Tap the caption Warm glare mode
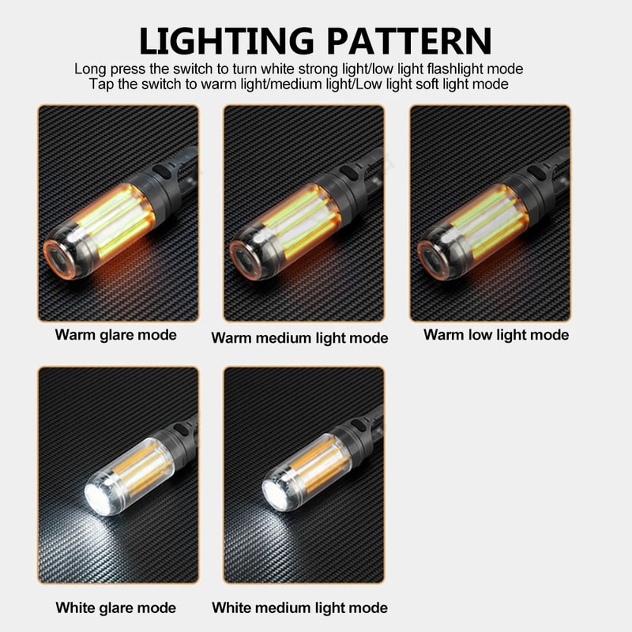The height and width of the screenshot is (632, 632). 115,334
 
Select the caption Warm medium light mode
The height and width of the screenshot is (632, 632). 299,338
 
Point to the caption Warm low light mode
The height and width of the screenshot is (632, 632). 495,334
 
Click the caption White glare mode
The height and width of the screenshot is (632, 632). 115,608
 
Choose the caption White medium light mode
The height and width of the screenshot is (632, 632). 299,608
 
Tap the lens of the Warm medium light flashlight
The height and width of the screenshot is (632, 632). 246,258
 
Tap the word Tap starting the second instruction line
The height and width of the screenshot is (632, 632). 100,84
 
